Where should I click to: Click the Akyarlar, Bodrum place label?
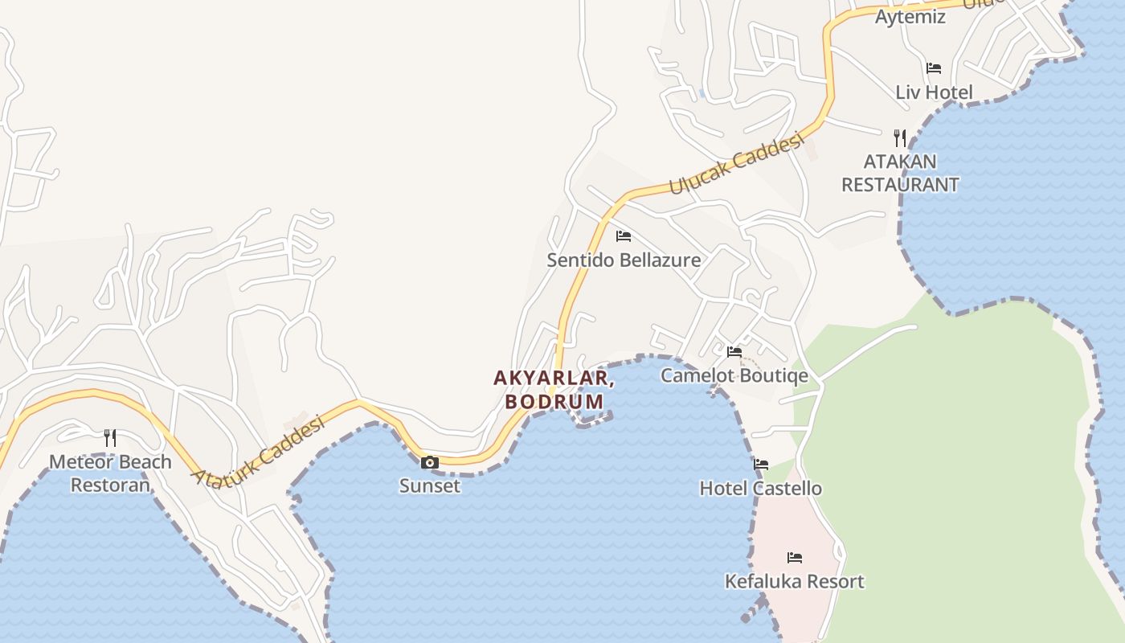click(x=554, y=389)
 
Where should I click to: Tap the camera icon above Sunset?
click(x=430, y=462)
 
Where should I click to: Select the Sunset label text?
click(x=430, y=485)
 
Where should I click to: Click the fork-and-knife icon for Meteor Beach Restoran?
click(x=110, y=438)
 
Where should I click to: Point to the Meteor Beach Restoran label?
click(x=110, y=473)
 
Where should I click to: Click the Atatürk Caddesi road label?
click(x=257, y=450)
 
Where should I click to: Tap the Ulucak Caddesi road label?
click(x=736, y=164)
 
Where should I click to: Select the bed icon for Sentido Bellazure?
click(x=624, y=236)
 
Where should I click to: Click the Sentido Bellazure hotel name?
click(x=624, y=260)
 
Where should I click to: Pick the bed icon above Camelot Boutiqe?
click(x=734, y=351)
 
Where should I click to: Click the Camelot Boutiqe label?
click(x=734, y=375)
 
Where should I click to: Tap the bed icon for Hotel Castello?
click(x=761, y=465)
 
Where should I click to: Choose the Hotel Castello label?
click(x=761, y=488)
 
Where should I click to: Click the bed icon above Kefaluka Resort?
click(x=795, y=557)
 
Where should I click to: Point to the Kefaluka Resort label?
click(x=795, y=581)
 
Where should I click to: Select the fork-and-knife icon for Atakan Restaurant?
click(x=900, y=137)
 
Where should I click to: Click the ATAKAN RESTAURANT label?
click(x=900, y=173)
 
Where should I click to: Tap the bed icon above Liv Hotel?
click(x=934, y=68)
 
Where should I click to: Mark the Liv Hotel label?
click(x=934, y=92)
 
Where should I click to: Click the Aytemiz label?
click(x=910, y=17)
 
